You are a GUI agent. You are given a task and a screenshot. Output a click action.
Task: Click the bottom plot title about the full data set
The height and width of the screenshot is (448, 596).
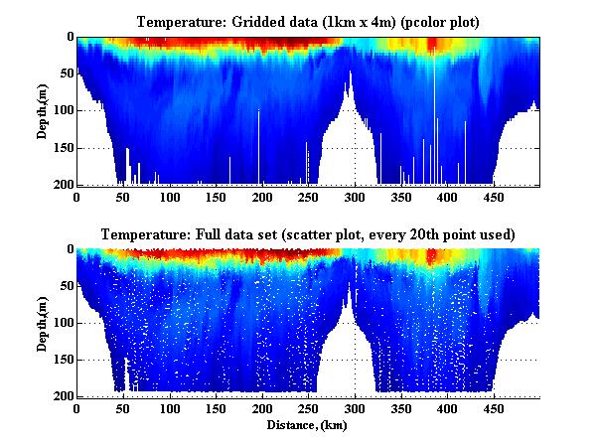click(308, 234)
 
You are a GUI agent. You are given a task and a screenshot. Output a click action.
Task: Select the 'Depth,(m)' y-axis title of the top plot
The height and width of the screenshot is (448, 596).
click(44, 110)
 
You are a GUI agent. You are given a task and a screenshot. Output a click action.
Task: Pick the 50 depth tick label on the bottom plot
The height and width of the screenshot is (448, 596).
click(64, 286)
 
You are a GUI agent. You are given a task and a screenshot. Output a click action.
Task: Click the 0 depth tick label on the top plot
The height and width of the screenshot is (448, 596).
click(68, 37)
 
